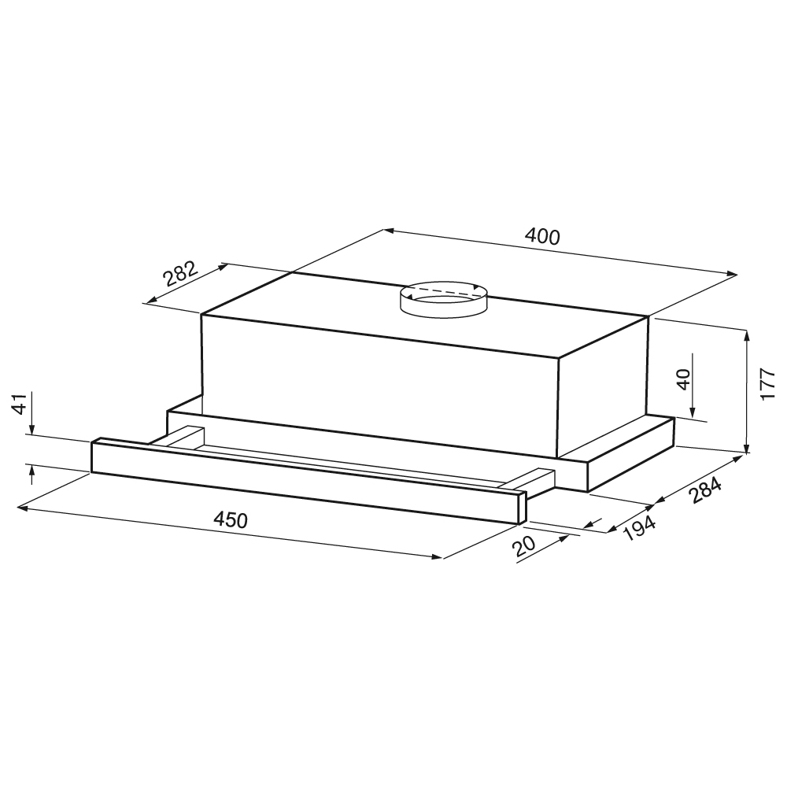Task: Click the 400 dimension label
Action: pos(542,236)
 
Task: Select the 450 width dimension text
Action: pos(231,520)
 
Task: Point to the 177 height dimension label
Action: pos(768,384)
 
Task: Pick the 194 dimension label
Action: pos(639,528)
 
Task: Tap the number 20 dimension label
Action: pos(525,546)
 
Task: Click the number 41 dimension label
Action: pos(19,404)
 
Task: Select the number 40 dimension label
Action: pos(684,379)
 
